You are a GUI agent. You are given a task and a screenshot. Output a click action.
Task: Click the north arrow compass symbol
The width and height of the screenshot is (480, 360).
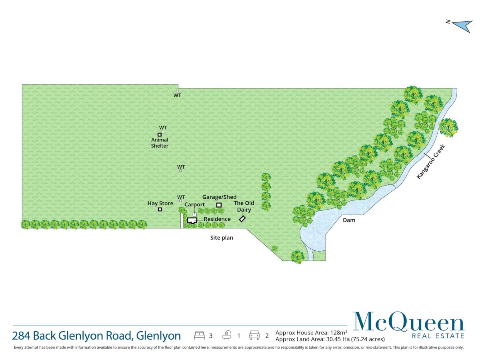pyautogui.click(x=460, y=26)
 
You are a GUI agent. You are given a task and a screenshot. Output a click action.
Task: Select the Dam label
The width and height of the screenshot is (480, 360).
pyautogui.click(x=348, y=220)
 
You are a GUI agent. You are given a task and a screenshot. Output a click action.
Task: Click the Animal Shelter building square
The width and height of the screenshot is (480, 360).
pyautogui.click(x=159, y=134)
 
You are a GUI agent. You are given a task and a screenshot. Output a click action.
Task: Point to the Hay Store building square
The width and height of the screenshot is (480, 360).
pyautogui.click(x=160, y=209)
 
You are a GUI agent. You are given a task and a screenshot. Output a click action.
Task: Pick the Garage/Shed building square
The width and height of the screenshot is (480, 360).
pyautogui.click(x=219, y=205)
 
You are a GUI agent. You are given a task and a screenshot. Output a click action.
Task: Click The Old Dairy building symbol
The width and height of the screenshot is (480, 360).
pyautogui.click(x=242, y=219)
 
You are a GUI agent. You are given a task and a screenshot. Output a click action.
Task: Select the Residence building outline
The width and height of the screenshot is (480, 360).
pyautogui.click(x=192, y=220)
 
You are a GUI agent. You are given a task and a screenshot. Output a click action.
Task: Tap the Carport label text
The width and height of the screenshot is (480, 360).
pyautogui.click(x=194, y=204)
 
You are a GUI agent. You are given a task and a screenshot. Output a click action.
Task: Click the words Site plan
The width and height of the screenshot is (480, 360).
pyautogui.click(x=222, y=238)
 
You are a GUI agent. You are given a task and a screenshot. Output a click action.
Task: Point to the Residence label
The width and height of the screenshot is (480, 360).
pyautogui.click(x=217, y=219)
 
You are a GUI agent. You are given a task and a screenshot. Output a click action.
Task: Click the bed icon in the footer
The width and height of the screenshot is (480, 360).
pyautogui.click(x=199, y=335)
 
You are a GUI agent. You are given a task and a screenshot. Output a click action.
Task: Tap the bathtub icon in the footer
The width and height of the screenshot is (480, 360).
pyautogui.click(x=227, y=335)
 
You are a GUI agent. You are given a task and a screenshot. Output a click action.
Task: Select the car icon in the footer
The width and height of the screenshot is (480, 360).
pyautogui.click(x=254, y=335)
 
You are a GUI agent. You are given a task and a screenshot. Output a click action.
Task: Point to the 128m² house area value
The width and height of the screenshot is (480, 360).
pyautogui.click(x=339, y=332)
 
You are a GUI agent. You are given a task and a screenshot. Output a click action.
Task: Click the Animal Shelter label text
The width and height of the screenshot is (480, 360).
pyautogui.click(x=160, y=143)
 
